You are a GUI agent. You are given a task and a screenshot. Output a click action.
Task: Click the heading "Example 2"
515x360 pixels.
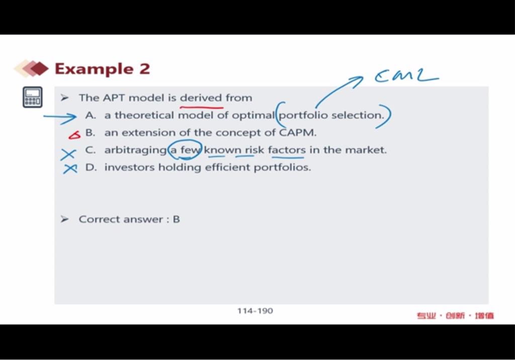click(x=102, y=69)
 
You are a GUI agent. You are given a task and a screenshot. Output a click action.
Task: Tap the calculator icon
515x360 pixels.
click(x=33, y=97)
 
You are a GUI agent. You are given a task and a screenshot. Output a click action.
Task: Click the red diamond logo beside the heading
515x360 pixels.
click(x=32, y=68)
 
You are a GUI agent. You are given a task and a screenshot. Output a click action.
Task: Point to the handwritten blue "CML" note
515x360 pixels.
click(x=406, y=75)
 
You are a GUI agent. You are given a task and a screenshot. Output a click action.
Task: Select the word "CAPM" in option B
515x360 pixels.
click(x=297, y=132)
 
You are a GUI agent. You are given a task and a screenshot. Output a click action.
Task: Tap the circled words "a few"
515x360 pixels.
click(x=185, y=150)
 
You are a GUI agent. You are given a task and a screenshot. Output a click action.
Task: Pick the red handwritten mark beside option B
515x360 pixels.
click(x=74, y=135)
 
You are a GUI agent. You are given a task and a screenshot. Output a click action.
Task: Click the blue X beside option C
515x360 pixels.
click(x=68, y=154)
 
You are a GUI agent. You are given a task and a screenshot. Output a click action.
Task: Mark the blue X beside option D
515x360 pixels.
click(x=70, y=168)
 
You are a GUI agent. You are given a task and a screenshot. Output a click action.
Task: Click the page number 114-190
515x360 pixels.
click(x=255, y=311)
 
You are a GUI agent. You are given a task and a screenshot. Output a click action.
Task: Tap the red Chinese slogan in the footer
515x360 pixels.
click(x=455, y=316)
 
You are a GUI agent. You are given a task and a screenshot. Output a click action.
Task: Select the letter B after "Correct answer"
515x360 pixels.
click(x=177, y=219)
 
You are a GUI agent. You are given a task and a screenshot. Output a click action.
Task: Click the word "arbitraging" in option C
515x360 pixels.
click(x=136, y=150)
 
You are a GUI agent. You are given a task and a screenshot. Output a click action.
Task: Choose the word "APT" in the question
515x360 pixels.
click(x=114, y=98)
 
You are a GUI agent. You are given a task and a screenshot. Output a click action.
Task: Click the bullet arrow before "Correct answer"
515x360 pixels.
click(x=65, y=219)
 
